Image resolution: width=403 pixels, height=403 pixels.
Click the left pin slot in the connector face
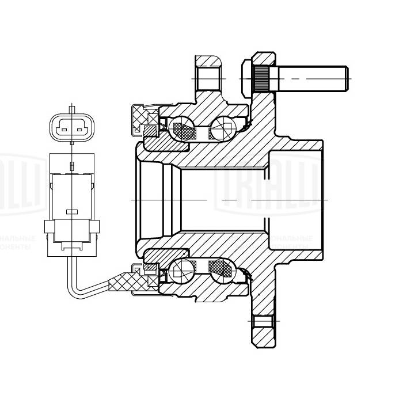tap(63, 130)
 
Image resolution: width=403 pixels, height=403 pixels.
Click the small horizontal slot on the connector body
tap(71, 211)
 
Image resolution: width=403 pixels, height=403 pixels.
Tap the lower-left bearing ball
tap(183, 270)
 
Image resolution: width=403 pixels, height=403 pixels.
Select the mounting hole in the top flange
tap(207, 78)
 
